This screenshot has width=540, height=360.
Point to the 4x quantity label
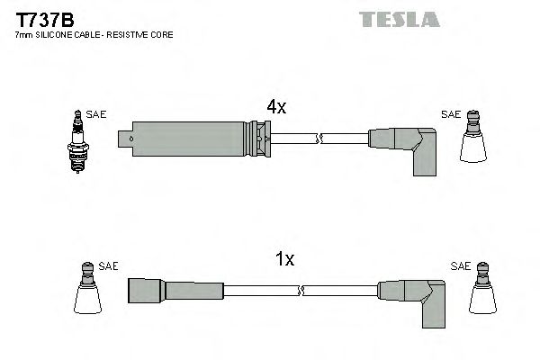point(276,107)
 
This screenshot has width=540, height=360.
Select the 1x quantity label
point(284,260)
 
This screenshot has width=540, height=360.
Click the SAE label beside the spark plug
point(98,114)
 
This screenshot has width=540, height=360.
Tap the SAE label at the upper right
point(450,114)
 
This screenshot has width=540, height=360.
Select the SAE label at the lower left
point(108,265)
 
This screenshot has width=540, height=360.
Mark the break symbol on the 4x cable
point(320,139)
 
